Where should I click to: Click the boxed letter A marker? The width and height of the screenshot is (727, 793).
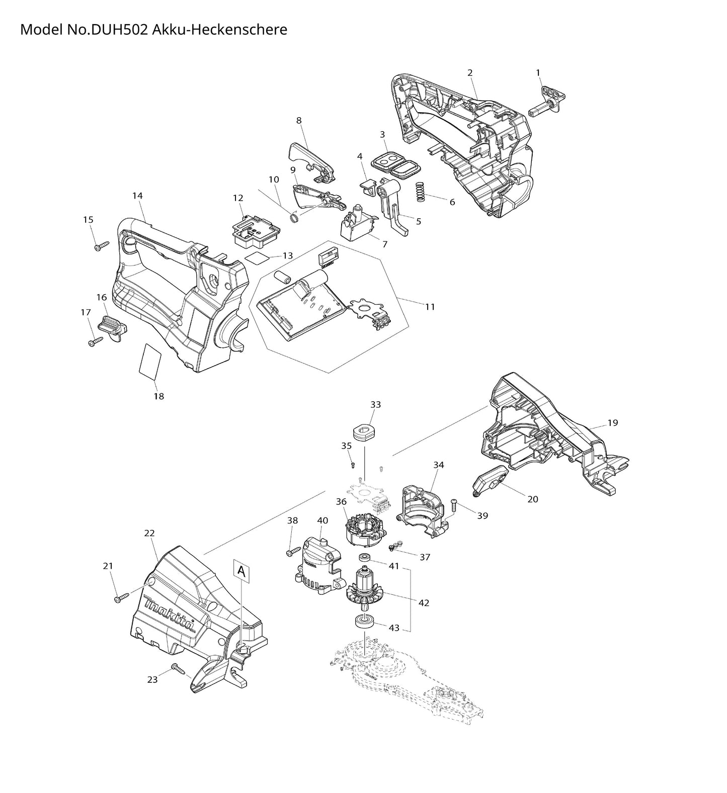coord(241,571)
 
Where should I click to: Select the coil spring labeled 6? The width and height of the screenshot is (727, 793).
coord(421,192)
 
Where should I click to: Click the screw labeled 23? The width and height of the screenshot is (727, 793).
coord(179,668)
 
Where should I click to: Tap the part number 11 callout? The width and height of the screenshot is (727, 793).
coord(430,307)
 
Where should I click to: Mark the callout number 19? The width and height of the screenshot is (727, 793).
coord(612,423)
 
